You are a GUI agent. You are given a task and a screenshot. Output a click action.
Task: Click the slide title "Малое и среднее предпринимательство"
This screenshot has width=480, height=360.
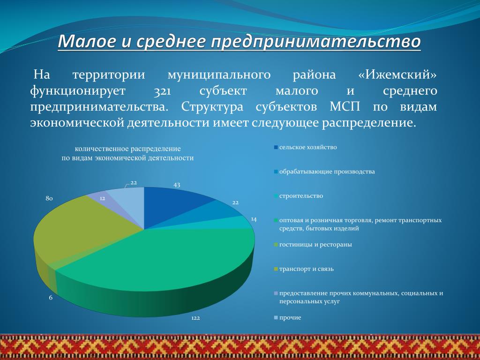pyautogui.click(x=239, y=42)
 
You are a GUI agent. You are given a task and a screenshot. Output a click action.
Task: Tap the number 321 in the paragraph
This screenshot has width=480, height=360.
pyautogui.click(x=162, y=91)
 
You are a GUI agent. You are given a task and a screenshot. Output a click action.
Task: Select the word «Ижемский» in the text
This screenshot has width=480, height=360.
pyautogui.click(x=397, y=75)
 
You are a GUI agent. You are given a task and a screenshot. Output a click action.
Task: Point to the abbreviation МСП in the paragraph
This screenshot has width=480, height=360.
pyautogui.click(x=345, y=107)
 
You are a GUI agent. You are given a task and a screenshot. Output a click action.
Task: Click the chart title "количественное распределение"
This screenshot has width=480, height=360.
pyautogui.click(x=127, y=149)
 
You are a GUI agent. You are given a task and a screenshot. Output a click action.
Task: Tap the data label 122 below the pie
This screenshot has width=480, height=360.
pyautogui.click(x=195, y=318)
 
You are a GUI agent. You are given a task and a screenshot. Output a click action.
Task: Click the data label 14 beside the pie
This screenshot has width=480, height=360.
pyautogui.click(x=254, y=219)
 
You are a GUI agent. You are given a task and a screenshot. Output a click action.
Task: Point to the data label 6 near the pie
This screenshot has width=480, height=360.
pyautogui.click(x=51, y=298)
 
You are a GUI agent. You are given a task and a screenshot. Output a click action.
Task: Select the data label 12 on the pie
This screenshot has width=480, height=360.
pyautogui.click(x=103, y=198)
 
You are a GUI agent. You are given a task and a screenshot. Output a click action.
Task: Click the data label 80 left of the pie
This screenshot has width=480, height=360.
pyautogui.click(x=49, y=198)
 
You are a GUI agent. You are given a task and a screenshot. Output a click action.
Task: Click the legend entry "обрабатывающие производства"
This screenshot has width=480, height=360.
pyautogui.click(x=324, y=172)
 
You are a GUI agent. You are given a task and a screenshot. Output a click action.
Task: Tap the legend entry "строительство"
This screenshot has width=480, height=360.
pyautogui.click(x=299, y=196)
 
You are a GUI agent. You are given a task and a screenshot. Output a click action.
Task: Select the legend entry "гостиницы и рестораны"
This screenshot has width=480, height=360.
pyautogui.click(x=313, y=245)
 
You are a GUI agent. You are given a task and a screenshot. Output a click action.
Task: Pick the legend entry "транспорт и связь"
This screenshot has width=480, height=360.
pyautogui.click(x=304, y=269)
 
